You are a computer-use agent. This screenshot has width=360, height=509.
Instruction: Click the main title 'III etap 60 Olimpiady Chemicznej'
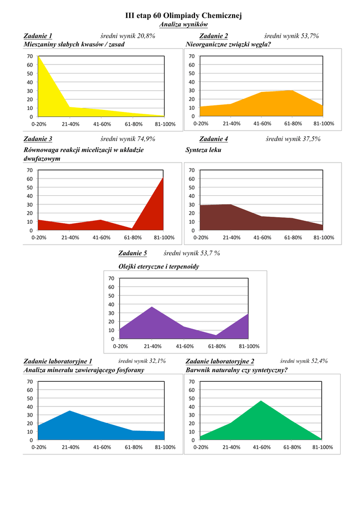point(183,16)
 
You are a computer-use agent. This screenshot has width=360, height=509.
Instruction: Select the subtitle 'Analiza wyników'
point(183,24)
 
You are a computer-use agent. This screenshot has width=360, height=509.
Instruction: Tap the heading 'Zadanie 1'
point(38,36)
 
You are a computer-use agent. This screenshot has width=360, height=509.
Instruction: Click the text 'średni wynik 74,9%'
point(128,139)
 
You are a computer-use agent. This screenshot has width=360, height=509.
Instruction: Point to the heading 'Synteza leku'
point(203,150)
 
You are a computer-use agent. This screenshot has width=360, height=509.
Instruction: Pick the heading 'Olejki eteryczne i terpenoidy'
point(159,266)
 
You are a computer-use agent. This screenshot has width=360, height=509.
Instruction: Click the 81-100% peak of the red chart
point(163,178)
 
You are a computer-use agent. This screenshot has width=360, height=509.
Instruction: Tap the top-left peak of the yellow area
point(39,57)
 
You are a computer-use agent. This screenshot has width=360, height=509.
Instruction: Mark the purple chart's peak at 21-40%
point(152,307)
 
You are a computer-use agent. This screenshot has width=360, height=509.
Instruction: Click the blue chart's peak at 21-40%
point(70,411)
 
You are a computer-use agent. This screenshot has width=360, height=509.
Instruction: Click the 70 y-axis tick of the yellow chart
point(30,56)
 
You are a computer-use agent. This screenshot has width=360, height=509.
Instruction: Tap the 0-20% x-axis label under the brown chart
point(200,238)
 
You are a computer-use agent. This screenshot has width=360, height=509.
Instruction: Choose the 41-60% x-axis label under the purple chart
point(184,346)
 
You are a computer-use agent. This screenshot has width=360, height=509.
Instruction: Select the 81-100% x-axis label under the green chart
point(323,447)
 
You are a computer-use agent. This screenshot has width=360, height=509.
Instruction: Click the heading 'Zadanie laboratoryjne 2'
point(220,361)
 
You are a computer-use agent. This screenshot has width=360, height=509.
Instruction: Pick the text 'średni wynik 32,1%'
point(142,361)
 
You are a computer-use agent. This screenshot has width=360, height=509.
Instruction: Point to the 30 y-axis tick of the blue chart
point(30,415)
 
